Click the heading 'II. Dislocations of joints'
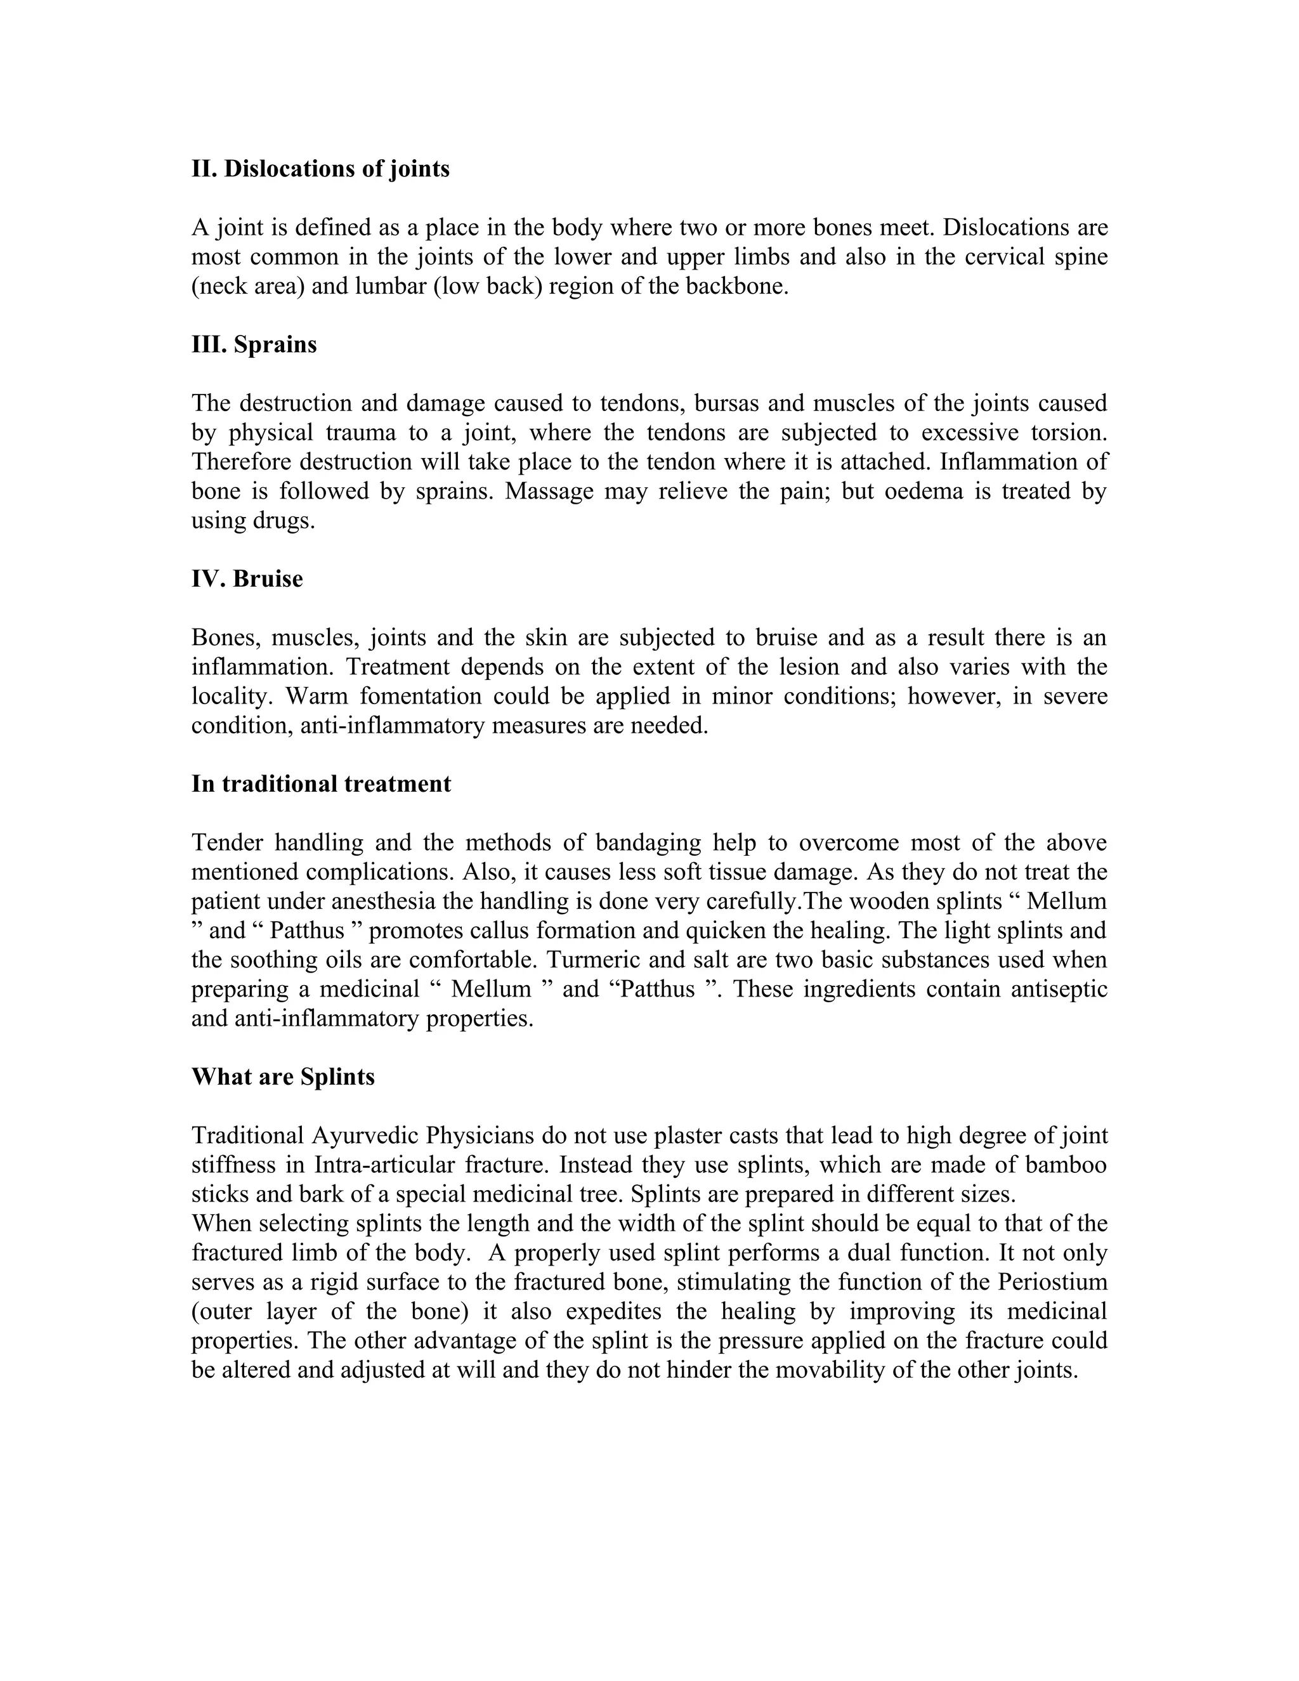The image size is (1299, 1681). click(x=320, y=169)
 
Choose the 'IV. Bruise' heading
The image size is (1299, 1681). click(x=247, y=578)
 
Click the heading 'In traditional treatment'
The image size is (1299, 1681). click(x=321, y=783)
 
